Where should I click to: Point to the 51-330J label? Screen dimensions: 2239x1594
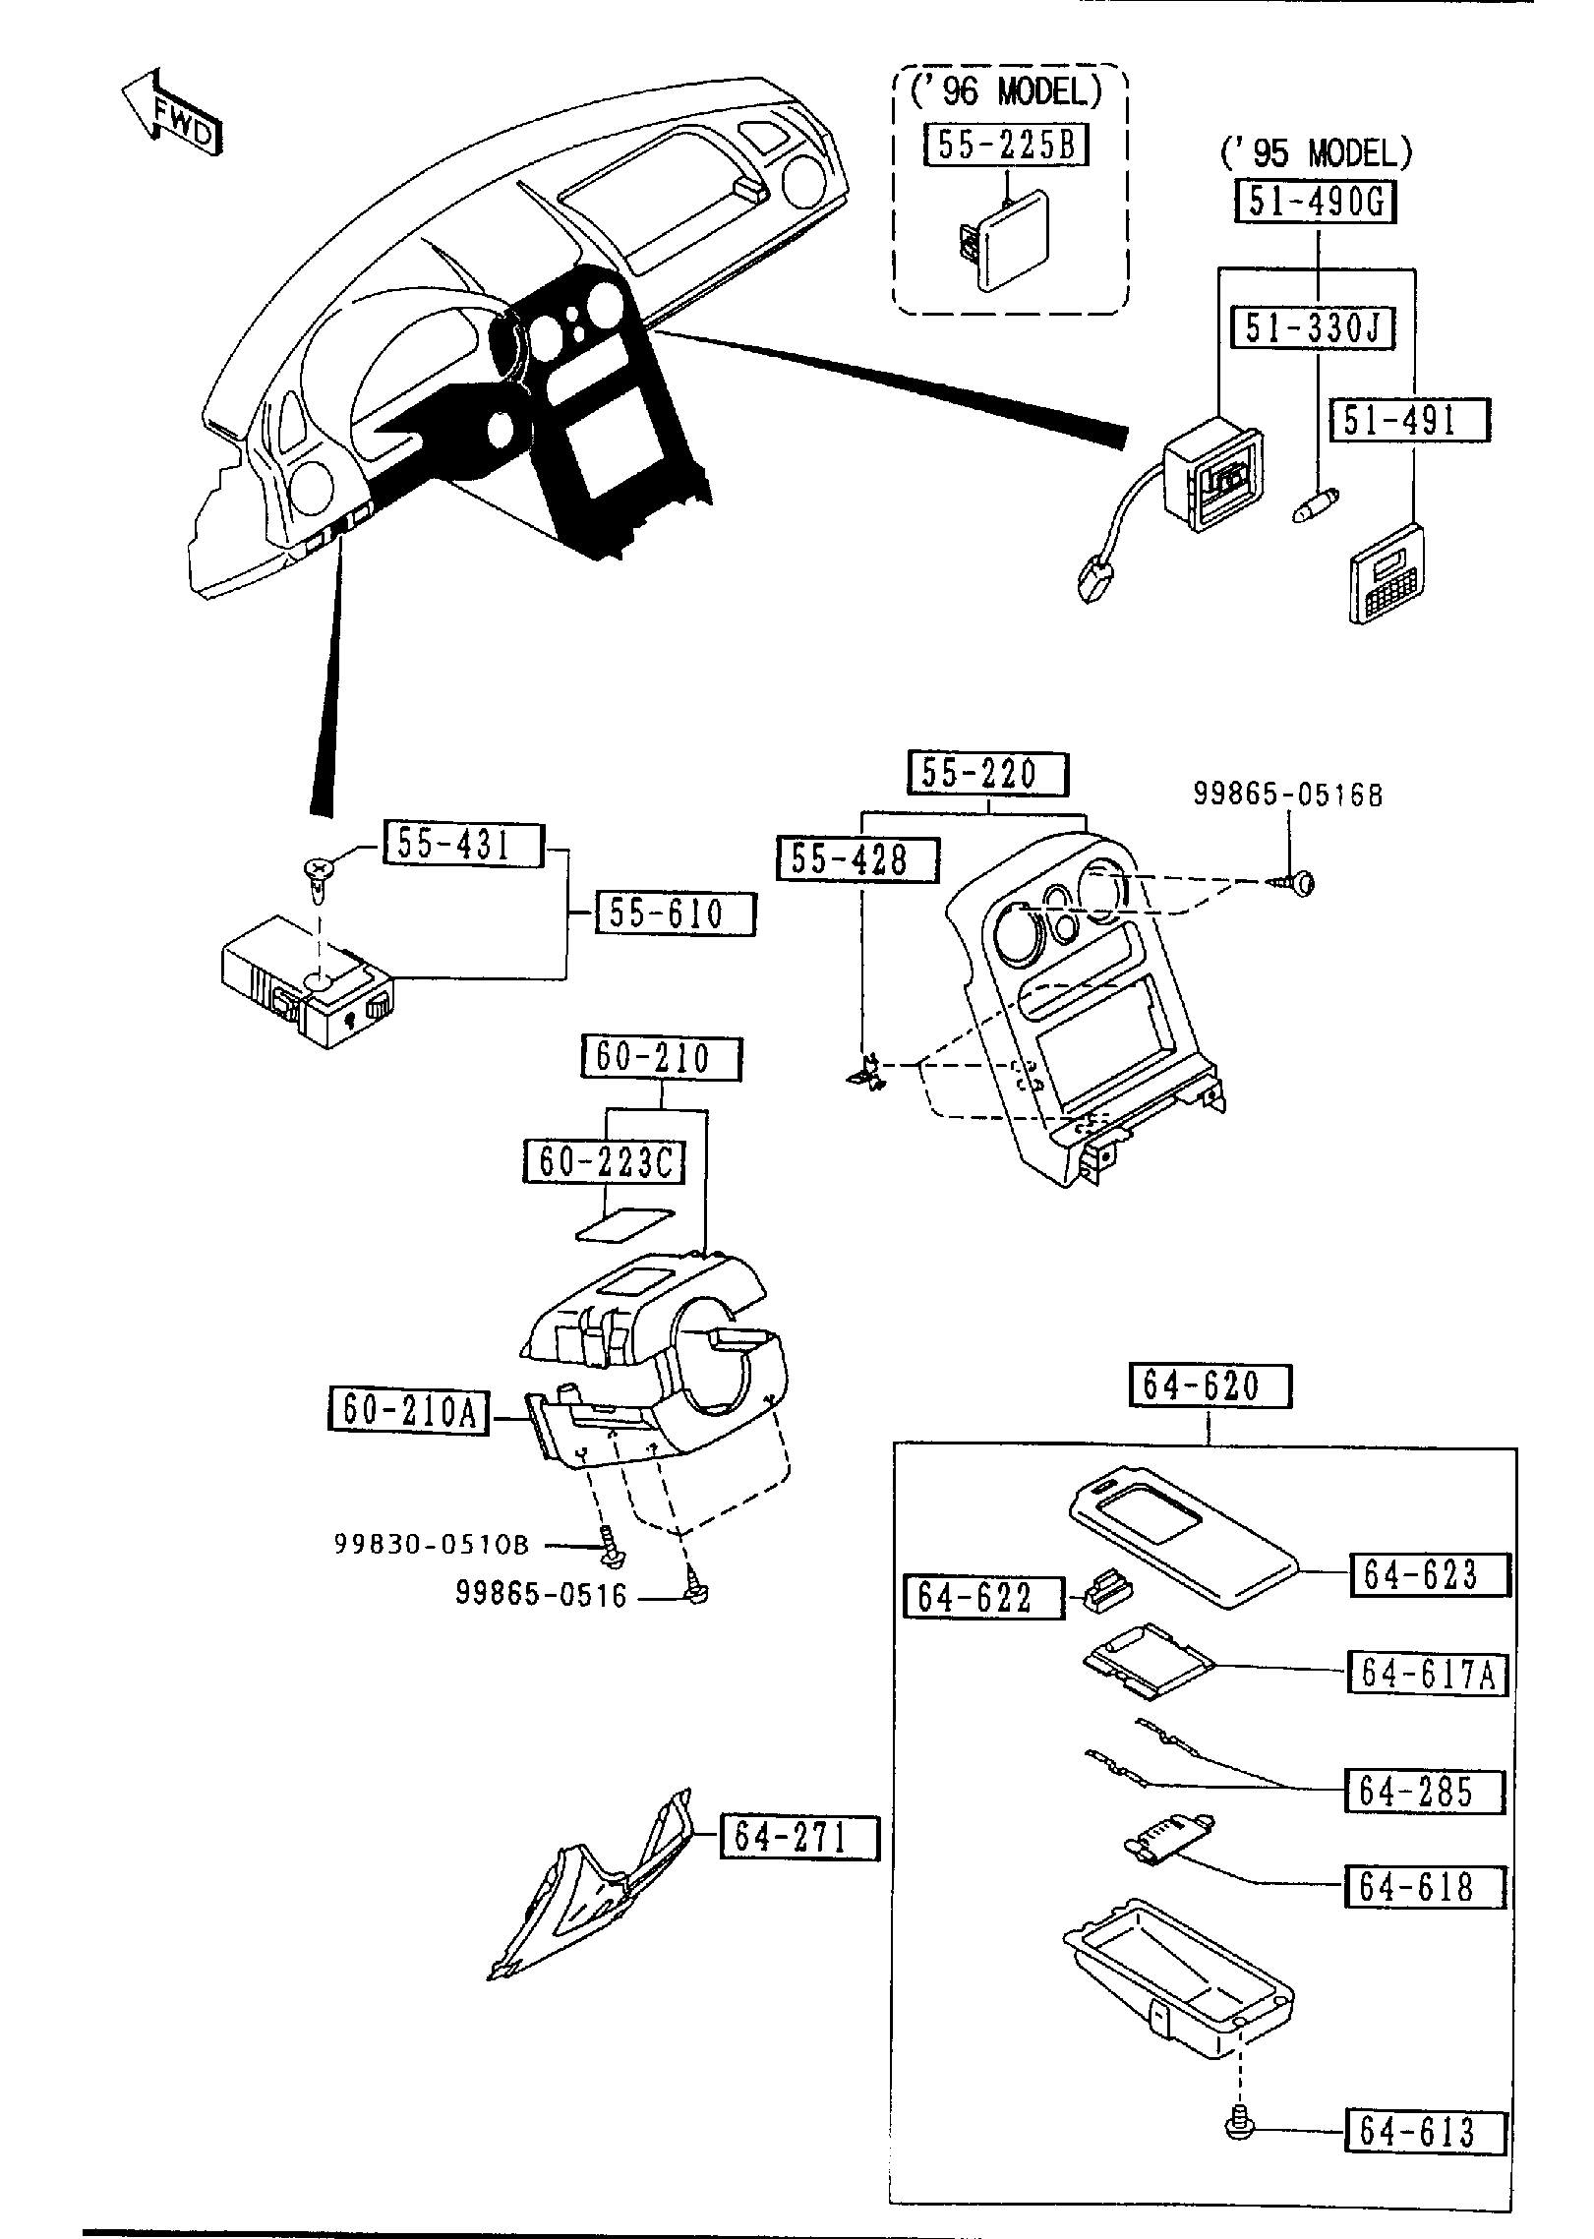(x=1313, y=327)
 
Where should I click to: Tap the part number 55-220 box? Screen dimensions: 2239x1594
(x=985, y=773)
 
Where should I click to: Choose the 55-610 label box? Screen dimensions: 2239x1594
(x=677, y=913)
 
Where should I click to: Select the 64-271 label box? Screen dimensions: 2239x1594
(x=799, y=1836)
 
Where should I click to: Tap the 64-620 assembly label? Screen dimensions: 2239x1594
(x=1208, y=1386)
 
